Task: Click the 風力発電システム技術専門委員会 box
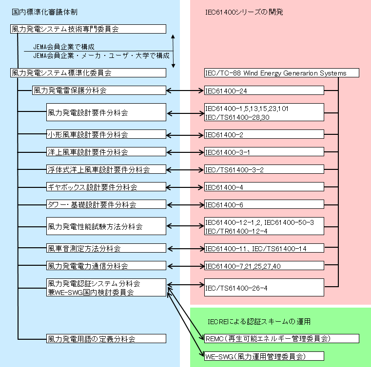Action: click(x=88, y=29)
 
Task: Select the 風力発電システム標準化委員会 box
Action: click(x=88, y=73)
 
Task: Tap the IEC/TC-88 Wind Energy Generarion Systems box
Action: click(x=282, y=73)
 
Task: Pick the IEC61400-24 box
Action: click(x=264, y=91)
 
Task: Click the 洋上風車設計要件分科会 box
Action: click(x=106, y=152)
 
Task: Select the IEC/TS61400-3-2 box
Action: click(x=264, y=169)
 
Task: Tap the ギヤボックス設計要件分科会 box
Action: click(x=106, y=187)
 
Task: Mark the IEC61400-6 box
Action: click(x=264, y=205)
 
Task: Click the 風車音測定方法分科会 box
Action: click(x=106, y=248)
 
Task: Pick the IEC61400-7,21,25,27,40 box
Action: click(x=264, y=266)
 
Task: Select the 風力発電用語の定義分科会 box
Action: click(x=106, y=338)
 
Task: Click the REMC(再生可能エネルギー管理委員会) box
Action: click(x=282, y=338)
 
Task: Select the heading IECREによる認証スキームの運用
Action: click(x=259, y=322)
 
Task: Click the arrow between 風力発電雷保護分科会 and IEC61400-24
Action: click(x=185, y=91)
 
